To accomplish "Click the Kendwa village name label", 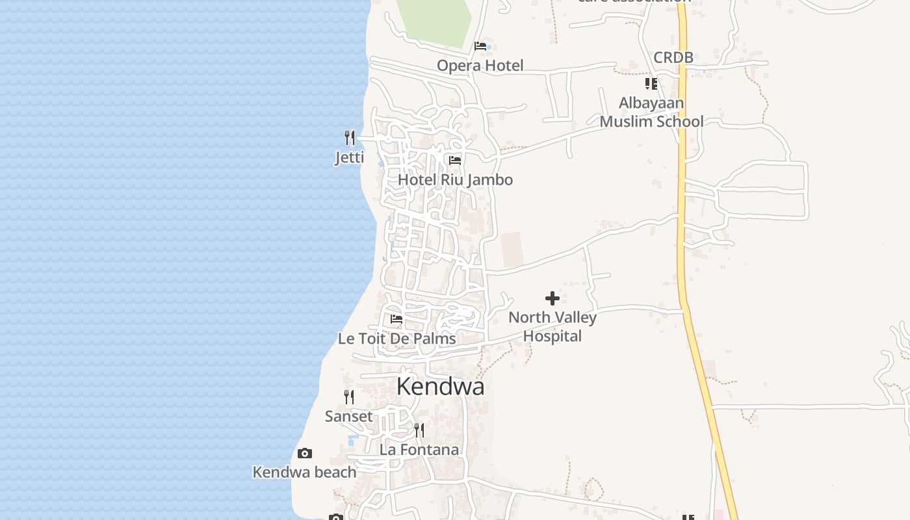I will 440,387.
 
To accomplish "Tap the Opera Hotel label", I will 480,66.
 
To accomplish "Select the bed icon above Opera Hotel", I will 480,46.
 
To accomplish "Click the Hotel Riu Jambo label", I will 455,180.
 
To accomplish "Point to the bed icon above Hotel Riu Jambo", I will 455,160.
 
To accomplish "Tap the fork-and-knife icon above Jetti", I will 350,138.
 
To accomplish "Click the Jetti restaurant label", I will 350,157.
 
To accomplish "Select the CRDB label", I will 673,57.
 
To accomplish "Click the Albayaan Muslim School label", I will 651,112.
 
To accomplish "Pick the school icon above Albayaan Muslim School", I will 651,84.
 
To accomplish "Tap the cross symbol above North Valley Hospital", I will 552,298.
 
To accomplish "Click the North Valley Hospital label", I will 552,327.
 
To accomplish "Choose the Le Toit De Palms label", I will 396,339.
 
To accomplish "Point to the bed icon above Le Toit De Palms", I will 396,319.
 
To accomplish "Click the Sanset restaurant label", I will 349,417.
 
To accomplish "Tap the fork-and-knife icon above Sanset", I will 349,396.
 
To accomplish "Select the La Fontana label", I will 419,450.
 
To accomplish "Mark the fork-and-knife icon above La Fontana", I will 419,430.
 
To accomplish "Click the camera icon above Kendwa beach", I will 304,453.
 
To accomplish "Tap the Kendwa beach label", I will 304,473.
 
